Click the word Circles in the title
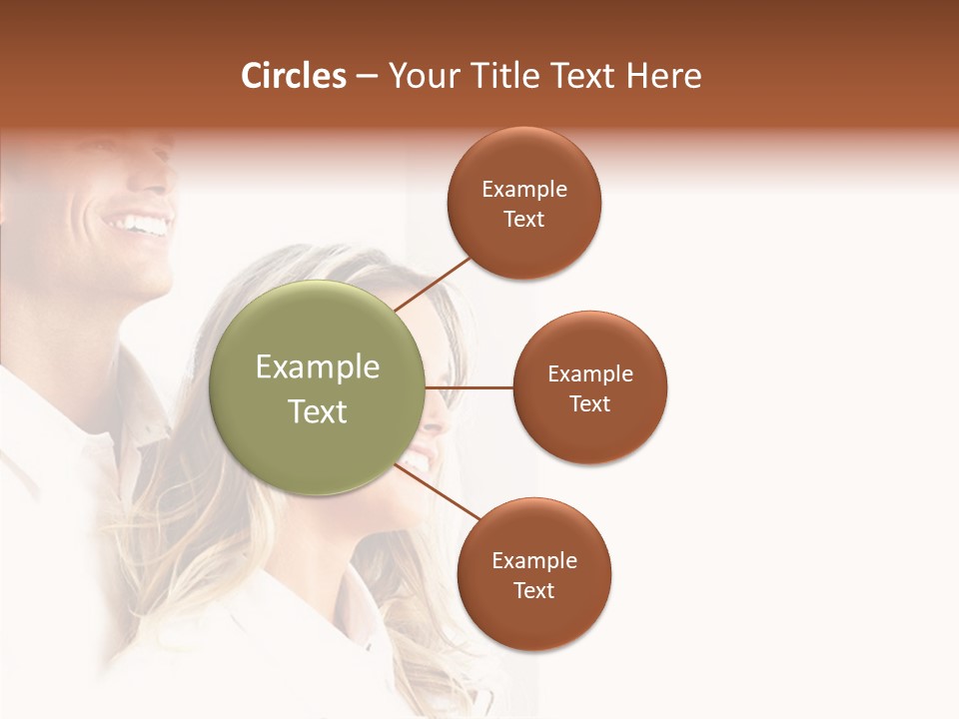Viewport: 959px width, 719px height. pyautogui.click(x=293, y=76)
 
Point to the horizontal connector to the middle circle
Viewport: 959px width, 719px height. pyautogui.click(x=470, y=387)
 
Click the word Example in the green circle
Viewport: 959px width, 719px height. pyautogui.click(x=318, y=367)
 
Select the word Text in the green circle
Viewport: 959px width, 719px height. pyautogui.click(x=318, y=411)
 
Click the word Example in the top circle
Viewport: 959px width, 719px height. pyautogui.click(x=524, y=189)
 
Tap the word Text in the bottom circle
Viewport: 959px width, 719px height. pyautogui.click(x=534, y=590)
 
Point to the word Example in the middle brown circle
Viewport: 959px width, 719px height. pyautogui.click(x=590, y=373)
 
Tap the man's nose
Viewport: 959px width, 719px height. pyautogui.click(x=165, y=180)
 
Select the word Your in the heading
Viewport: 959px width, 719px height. pyautogui.click(x=423, y=76)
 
